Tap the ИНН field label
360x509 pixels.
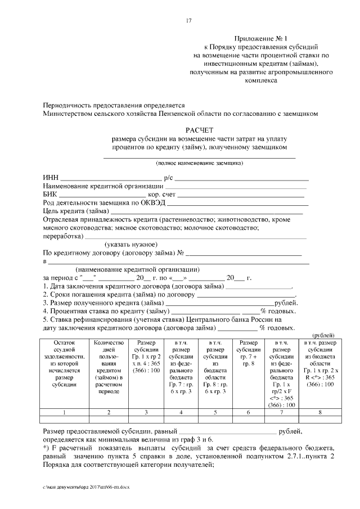pos(51,178)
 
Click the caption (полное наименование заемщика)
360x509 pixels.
pos(200,163)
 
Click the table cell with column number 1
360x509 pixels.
pos(65,412)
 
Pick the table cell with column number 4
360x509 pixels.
pos(181,412)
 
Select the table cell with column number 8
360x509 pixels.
pos(320,412)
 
